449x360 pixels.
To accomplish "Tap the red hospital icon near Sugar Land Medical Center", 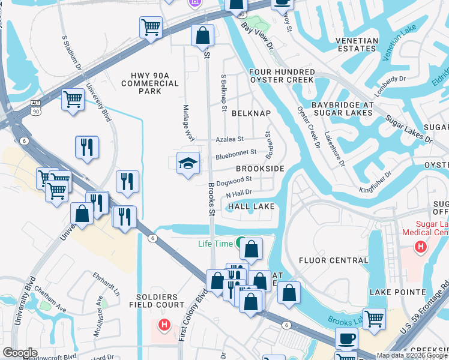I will point(421,247).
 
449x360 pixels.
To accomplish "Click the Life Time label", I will point(215,243).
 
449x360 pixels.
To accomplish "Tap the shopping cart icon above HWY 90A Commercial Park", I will point(151,27).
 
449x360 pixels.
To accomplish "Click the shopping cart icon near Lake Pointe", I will point(374,319).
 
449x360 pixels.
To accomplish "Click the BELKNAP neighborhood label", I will point(252,113).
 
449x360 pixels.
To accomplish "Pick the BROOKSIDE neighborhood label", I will point(259,169).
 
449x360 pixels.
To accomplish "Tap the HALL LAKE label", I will point(251,206).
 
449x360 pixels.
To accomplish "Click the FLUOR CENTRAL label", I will point(333,260).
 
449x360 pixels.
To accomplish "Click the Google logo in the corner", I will point(20,353).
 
